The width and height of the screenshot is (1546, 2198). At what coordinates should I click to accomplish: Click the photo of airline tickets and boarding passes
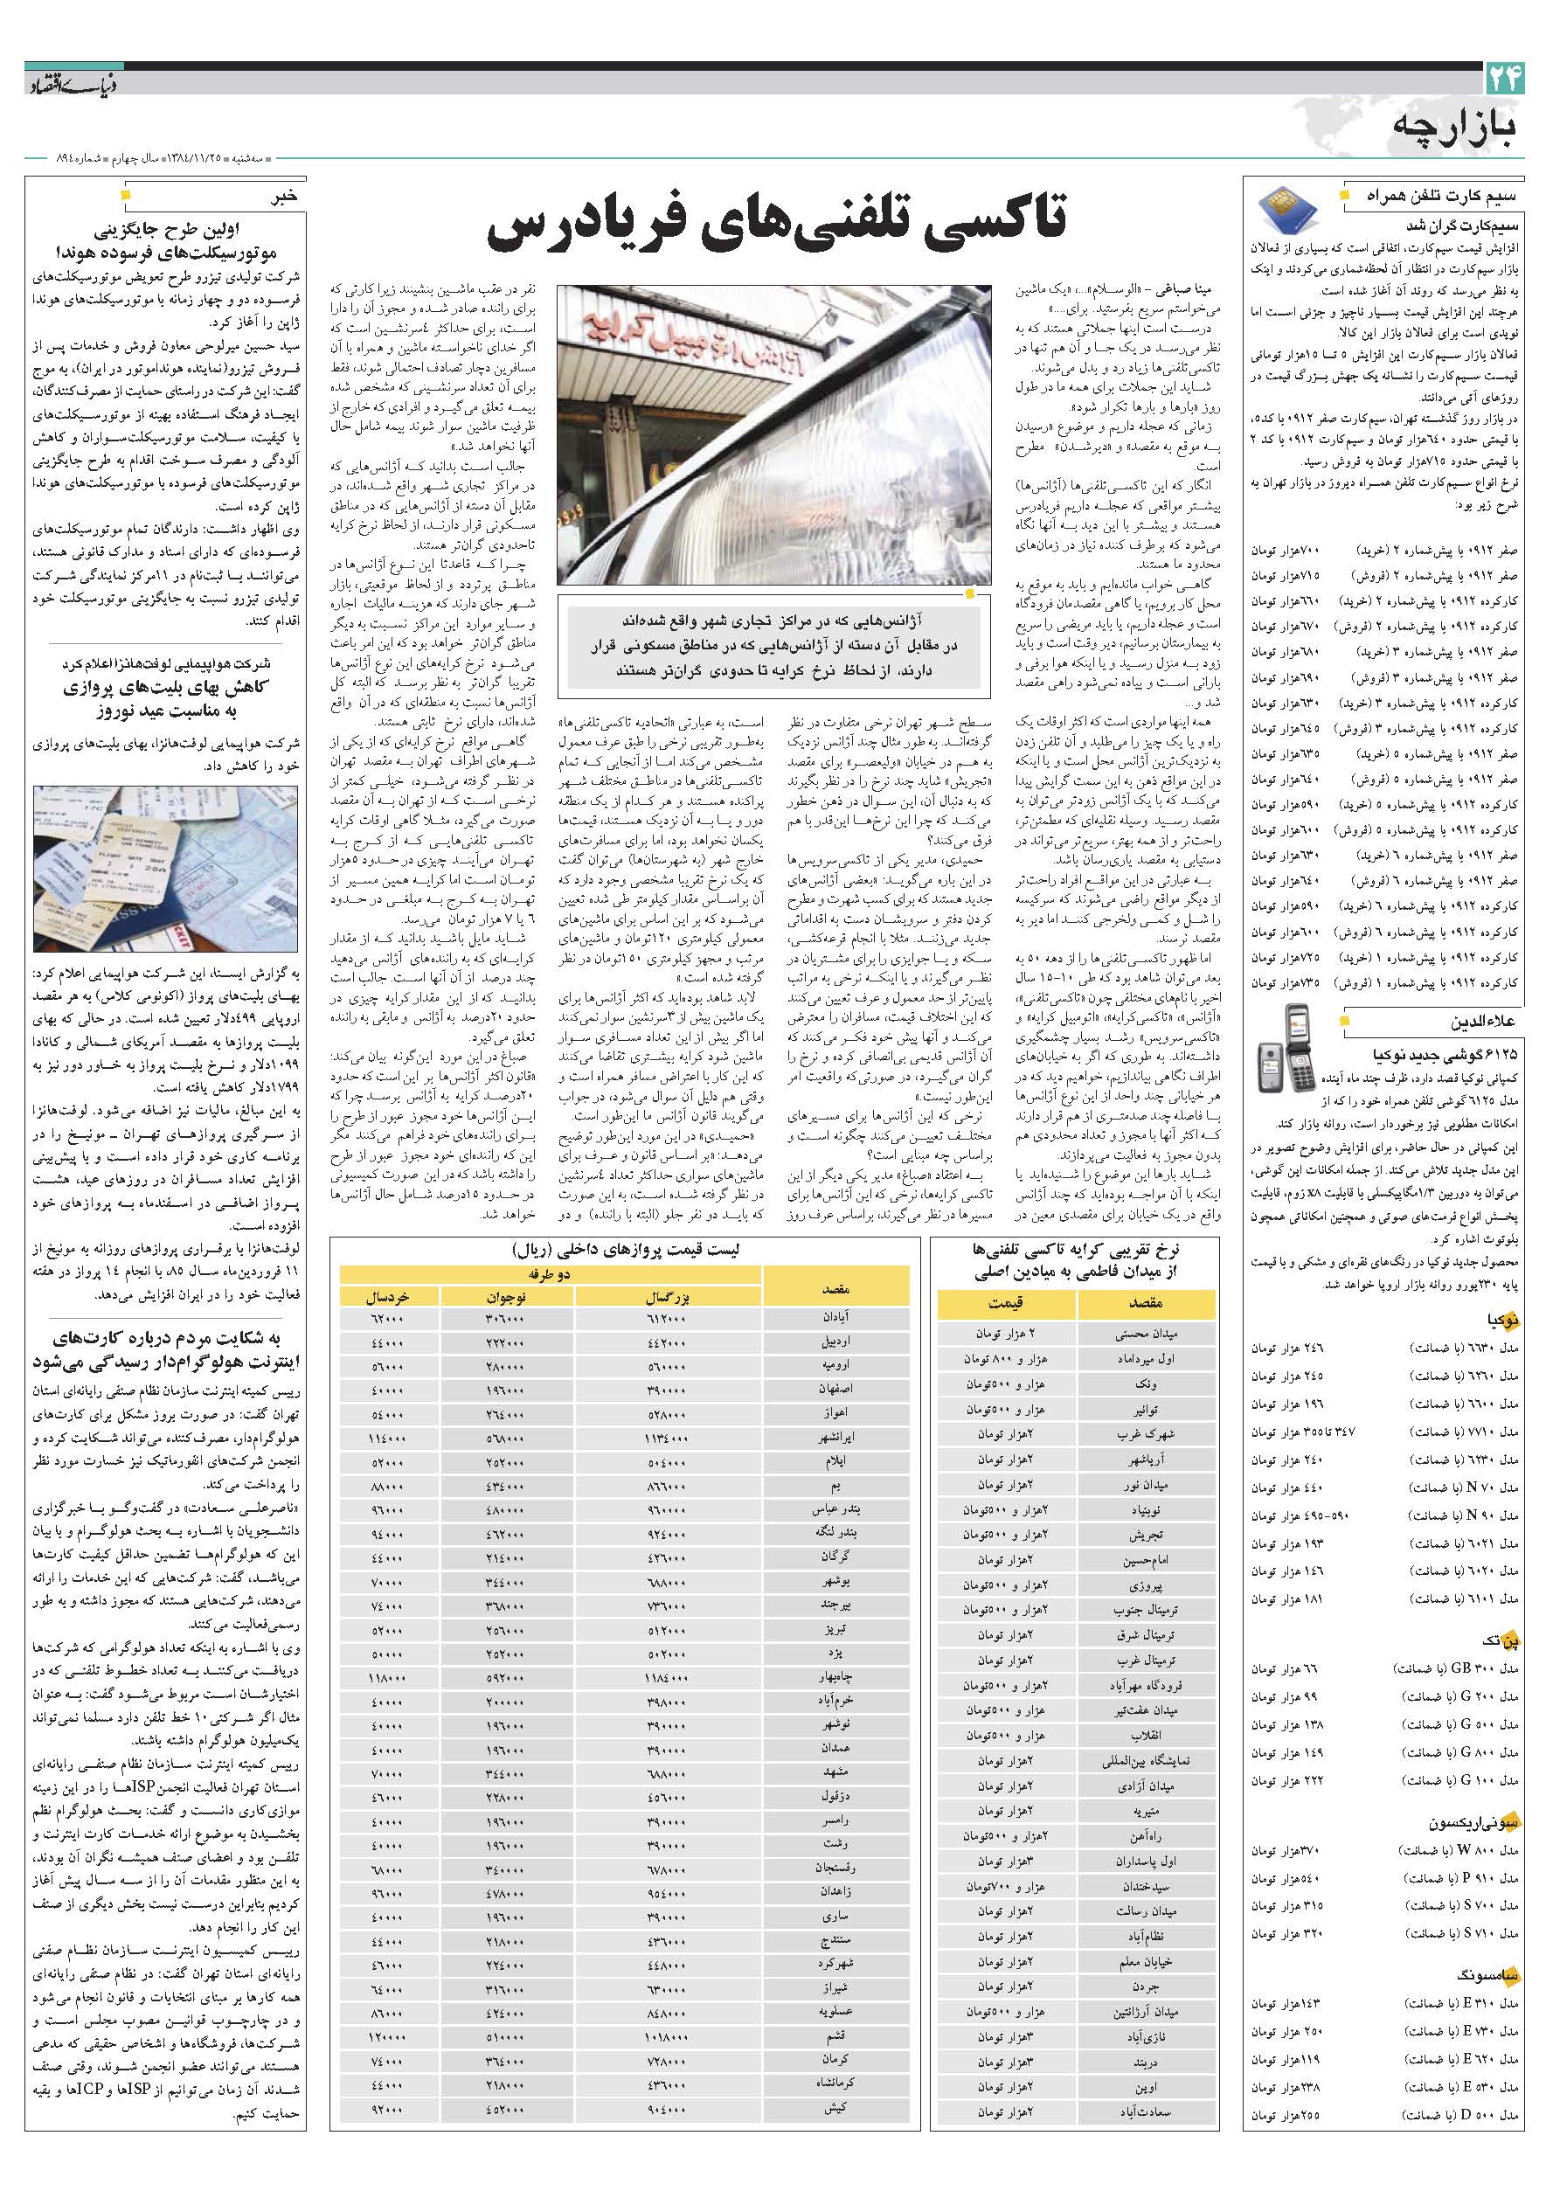coord(164,869)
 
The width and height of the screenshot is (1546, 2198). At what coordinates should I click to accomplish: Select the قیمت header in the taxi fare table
coord(1005,1303)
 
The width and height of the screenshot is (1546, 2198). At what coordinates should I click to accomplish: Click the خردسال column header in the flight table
coord(387,1296)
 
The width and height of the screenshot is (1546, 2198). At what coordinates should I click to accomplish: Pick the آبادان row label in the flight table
coord(835,1318)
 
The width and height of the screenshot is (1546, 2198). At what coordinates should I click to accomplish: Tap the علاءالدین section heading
coord(1484,1023)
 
